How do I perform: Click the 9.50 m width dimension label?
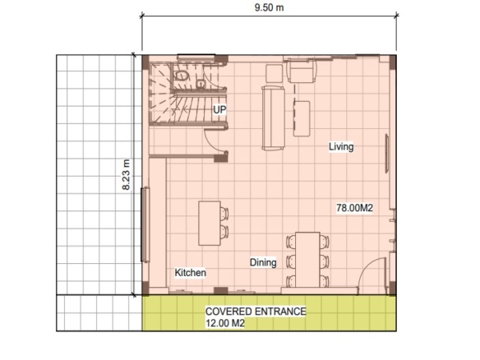tap(269, 7)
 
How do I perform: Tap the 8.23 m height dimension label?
tap(126, 174)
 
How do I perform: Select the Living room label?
tap(341, 146)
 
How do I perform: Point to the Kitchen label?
tap(190, 272)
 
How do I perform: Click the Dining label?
tap(263, 262)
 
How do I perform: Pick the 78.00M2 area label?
tap(354, 208)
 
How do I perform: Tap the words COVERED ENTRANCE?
tap(256, 312)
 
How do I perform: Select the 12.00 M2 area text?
tap(225, 323)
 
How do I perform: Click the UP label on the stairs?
tap(219, 109)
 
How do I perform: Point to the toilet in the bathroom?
tap(181, 76)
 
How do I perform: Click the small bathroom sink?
tap(200, 83)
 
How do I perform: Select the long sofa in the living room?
tap(273, 118)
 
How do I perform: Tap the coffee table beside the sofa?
tap(302, 118)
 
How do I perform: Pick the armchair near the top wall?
tap(301, 72)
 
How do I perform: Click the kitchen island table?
tap(210, 224)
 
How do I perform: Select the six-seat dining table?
tap(307, 260)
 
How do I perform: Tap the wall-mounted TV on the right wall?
tap(387, 154)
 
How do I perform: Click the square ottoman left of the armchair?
tap(274, 73)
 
